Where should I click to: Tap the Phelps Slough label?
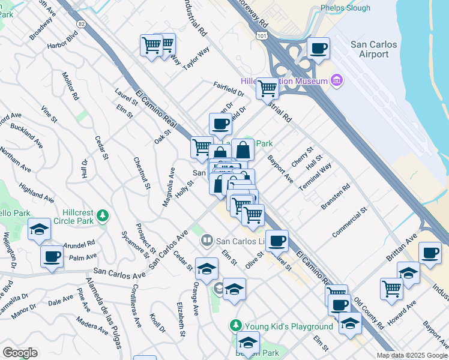tap(346, 8)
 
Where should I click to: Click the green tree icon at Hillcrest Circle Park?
tap(103, 215)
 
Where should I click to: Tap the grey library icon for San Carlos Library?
tap(207, 240)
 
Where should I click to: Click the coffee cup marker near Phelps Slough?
tap(318, 49)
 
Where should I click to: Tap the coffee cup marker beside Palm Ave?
tap(52, 257)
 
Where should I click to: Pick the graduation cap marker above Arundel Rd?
tap(39, 230)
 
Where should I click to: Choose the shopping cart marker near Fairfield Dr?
tap(267, 88)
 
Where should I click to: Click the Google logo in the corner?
tap(20, 353)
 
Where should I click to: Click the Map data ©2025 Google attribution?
tap(411, 355)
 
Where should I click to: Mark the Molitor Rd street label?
tap(70, 85)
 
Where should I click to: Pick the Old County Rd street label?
tap(368, 312)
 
